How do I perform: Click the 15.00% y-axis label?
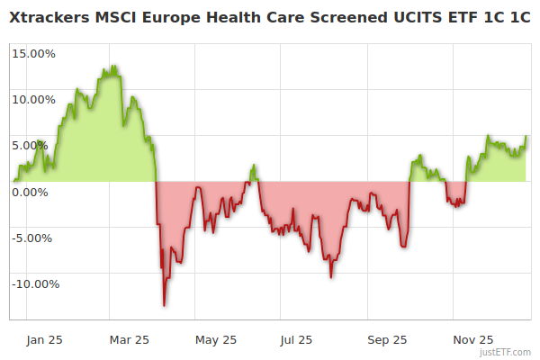tap(32, 53)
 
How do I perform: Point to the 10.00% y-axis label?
tap(32, 99)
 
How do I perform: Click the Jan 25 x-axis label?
tap(44, 339)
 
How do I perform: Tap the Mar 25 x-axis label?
tap(129, 339)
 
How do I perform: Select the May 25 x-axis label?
tap(215, 339)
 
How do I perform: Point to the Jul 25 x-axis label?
tap(296, 339)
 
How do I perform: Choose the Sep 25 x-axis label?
tap(387, 339)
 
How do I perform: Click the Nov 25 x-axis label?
tap(473, 339)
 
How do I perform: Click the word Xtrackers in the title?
tap(50, 17)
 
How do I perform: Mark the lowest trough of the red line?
tap(164, 305)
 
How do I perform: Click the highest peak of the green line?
tap(114, 66)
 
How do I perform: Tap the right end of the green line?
tap(526, 137)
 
